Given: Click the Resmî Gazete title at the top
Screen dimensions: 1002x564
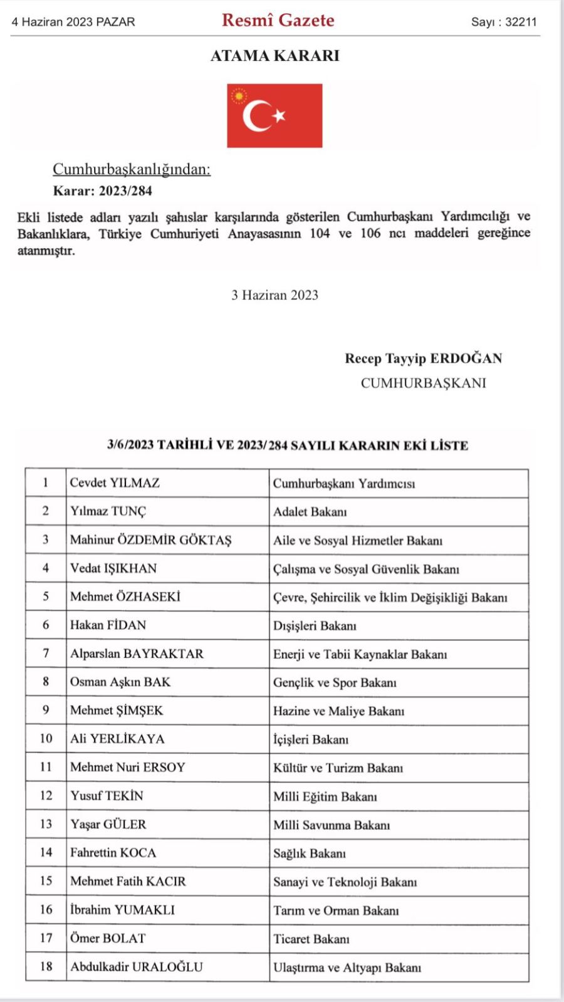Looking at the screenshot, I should point(278,20).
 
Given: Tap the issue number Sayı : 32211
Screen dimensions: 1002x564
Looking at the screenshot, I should point(504,22).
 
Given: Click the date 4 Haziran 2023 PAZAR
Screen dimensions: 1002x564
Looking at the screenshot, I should point(73,22).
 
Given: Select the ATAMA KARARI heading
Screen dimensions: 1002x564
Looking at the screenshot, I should point(274,56).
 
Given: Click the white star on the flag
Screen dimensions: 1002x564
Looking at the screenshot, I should point(279,115).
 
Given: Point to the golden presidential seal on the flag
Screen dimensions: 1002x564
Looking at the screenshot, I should point(239,97).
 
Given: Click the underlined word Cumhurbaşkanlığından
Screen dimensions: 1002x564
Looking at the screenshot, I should point(132,169).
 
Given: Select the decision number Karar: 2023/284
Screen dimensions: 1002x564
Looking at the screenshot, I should point(102,190).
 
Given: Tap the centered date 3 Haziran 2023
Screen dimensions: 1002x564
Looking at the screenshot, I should point(274,295).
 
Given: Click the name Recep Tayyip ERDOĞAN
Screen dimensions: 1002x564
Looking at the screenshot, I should point(423,358).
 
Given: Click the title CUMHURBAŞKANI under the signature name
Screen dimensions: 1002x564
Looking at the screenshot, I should point(423,383).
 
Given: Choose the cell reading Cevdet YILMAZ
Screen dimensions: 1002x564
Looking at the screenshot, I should point(115,483).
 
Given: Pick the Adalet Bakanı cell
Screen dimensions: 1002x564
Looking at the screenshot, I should point(310,512).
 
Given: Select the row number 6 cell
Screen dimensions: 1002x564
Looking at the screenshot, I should point(46,625).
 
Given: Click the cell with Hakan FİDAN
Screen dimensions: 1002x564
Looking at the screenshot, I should point(108,625).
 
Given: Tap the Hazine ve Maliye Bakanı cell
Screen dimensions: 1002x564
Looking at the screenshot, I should point(338,711).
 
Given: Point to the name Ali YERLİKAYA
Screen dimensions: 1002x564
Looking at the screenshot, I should point(117,739).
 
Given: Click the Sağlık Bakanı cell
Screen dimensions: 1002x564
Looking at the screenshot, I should point(309,853).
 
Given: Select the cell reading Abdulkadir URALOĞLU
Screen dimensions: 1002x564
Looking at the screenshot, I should point(137,967).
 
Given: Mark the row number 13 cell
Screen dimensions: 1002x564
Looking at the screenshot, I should point(46,824).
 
